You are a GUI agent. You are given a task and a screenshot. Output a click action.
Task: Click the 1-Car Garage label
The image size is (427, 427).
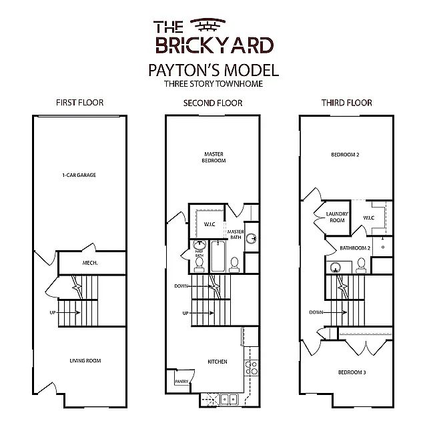[x=79, y=175]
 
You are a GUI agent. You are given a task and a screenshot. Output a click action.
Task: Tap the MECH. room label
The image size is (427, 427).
[x=90, y=263]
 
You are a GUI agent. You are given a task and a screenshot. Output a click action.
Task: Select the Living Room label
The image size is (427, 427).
[x=85, y=361]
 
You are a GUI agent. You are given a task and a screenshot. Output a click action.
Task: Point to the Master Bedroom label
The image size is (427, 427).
[x=213, y=157]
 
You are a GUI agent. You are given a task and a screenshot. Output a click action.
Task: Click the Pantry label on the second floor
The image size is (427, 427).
[x=181, y=382]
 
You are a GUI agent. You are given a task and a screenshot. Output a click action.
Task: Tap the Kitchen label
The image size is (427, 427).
[x=218, y=362]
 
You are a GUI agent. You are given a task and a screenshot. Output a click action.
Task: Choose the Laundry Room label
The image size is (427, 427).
[x=337, y=217]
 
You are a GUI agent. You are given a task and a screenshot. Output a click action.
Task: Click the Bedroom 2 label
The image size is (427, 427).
[x=345, y=155]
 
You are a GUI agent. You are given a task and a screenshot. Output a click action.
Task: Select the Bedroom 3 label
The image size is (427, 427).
[x=352, y=372]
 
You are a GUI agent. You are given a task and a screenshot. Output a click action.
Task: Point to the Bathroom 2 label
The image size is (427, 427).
[x=355, y=248]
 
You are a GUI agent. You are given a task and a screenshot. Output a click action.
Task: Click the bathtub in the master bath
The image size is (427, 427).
[x=218, y=256]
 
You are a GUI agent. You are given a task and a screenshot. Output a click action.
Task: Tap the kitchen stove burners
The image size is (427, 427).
[x=251, y=368]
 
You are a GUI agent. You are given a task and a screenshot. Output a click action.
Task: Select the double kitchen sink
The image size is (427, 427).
[x=229, y=400]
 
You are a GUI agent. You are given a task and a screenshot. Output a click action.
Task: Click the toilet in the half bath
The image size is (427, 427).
[x=199, y=265]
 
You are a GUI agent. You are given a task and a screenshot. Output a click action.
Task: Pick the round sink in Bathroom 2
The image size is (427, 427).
[x=336, y=268]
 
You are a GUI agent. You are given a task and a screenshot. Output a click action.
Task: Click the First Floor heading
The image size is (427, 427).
[x=80, y=103]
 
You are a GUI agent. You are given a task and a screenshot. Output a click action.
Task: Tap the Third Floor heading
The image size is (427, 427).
[x=347, y=103]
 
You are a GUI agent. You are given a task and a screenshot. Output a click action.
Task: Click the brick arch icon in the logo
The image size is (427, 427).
[x=207, y=25]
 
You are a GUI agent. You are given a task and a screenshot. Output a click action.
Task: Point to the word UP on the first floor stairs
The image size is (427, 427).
[x=53, y=313]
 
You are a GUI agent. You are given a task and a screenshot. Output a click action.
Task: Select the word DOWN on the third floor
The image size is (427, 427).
[x=316, y=312]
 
